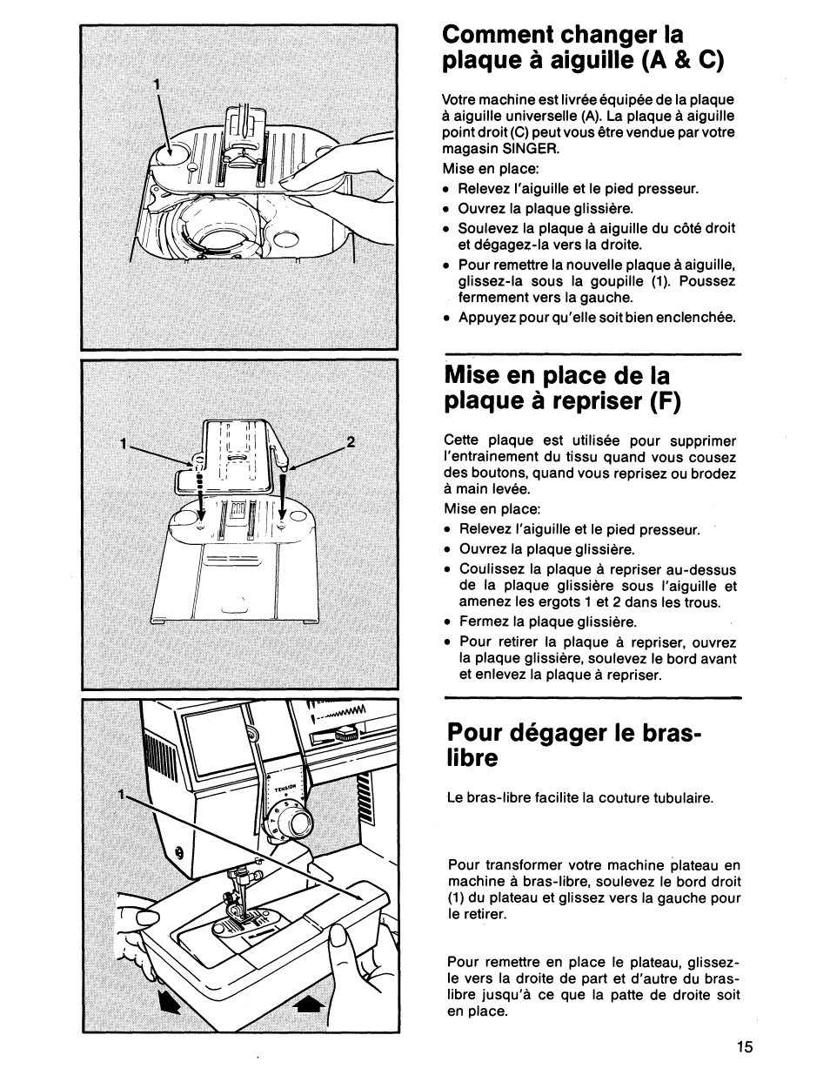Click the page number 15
point(742,1047)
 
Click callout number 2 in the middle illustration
point(351,441)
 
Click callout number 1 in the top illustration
point(157,84)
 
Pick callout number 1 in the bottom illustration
point(124,795)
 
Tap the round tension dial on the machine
point(299,822)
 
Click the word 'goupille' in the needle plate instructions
point(618,281)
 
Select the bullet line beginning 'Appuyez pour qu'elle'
point(597,318)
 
